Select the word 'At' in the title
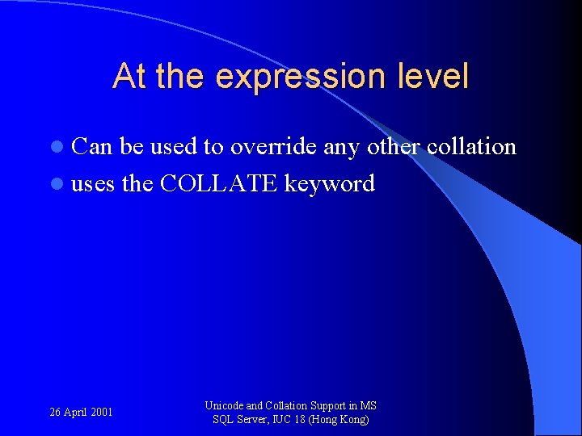point(130,77)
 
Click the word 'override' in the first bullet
point(273,147)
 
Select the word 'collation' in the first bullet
point(471,147)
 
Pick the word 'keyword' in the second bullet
point(330,185)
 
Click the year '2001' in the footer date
point(102,413)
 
